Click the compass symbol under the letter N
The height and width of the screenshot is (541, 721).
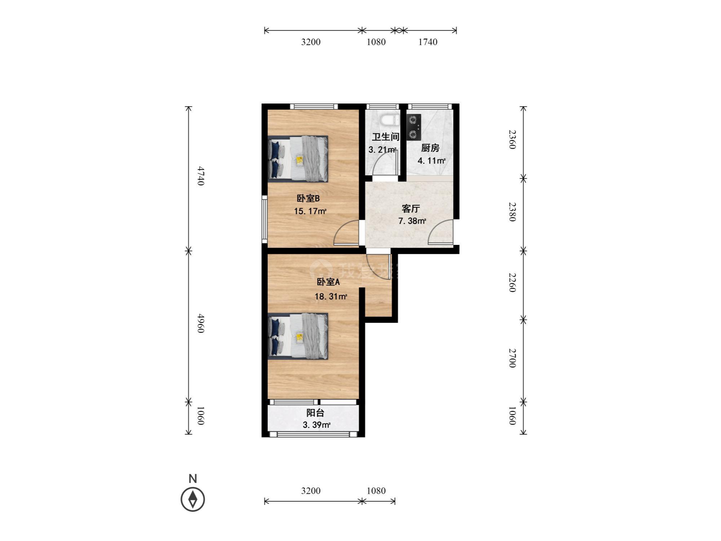[193, 499]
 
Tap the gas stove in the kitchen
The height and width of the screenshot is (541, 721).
[414, 127]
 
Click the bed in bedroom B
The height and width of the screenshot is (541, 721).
[298, 159]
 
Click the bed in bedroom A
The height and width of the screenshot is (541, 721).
[298, 336]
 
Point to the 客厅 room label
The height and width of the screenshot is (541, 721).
[411, 209]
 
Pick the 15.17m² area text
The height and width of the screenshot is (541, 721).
[310, 211]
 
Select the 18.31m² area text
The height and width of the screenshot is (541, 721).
[331, 297]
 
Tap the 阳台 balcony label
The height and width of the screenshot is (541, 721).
[315, 413]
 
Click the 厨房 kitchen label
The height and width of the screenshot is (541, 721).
[430, 148]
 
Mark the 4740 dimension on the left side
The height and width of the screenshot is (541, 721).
[200, 176]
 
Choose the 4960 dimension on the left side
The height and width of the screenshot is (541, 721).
[200, 324]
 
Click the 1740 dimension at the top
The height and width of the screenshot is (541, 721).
[428, 42]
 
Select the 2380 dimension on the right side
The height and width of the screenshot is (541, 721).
[512, 212]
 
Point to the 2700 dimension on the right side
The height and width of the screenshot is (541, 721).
[512, 358]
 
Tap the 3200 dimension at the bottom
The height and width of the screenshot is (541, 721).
[311, 491]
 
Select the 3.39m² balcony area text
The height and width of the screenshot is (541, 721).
[317, 425]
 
